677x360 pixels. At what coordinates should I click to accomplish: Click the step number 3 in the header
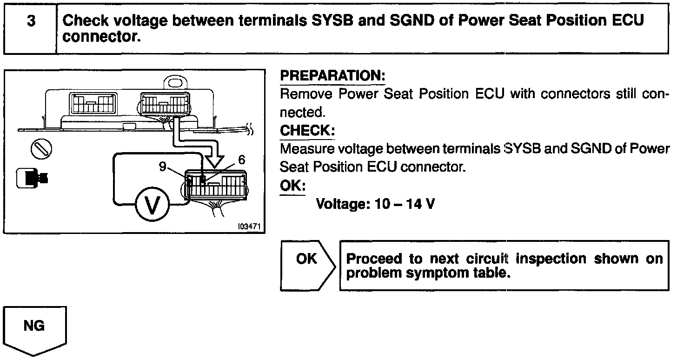click(31, 21)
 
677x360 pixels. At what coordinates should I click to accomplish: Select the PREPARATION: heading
click(332, 75)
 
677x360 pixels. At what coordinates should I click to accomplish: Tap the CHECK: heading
click(307, 131)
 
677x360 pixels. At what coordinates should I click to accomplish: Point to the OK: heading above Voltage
click(292, 186)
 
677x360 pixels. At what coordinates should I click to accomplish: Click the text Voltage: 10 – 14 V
click(375, 204)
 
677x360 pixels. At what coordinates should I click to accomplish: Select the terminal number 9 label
click(163, 167)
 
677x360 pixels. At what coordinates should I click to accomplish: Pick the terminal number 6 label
click(241, 160)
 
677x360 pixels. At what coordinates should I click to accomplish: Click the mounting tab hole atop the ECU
click(176, 83)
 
